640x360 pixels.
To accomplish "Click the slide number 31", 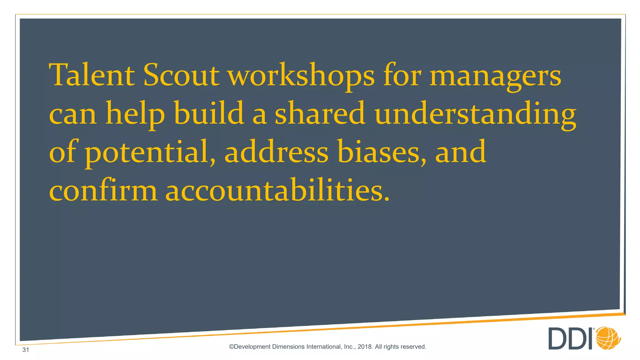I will pyautogui.click(x=26, y=350).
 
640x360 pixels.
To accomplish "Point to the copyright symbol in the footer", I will pyautogui.click(x=231, y=347).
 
